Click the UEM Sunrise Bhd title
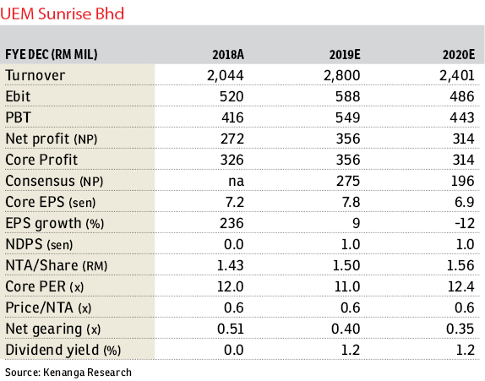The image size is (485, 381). [62, 14]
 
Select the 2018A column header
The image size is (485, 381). [228, 55]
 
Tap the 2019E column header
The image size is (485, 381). [345, 55]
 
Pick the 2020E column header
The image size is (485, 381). [459, 55]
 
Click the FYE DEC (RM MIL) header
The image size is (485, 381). [52, 55]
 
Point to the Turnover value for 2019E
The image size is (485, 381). [342, 75]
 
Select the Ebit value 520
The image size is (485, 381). [232, 96]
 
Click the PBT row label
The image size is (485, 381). [19, 117]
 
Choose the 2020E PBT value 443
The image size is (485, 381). [462, 117]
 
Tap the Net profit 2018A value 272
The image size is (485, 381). [232, 139]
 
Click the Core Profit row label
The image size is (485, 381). [41, 160]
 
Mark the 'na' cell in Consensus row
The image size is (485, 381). [236, 182]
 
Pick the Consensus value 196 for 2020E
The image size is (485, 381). [462, 181]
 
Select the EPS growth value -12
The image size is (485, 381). [465, 223]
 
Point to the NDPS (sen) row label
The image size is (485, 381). [39, 244]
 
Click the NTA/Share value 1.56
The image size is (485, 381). [460, 265]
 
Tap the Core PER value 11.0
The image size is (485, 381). [347, 286]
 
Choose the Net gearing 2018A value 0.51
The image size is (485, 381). [231, 329]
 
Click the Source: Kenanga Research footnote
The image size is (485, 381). [68, 373]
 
